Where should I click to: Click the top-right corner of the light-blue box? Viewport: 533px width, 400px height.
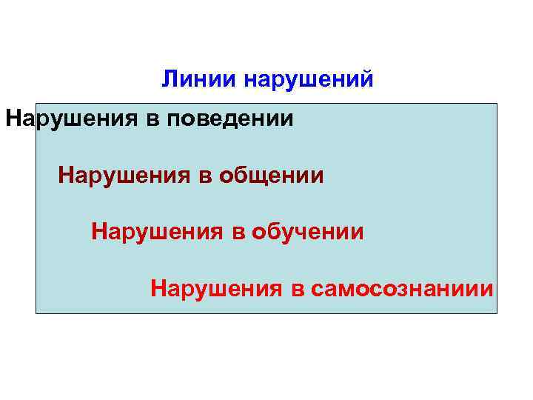click(497, 104)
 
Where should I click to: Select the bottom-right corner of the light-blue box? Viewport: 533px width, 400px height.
click(497, 313)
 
